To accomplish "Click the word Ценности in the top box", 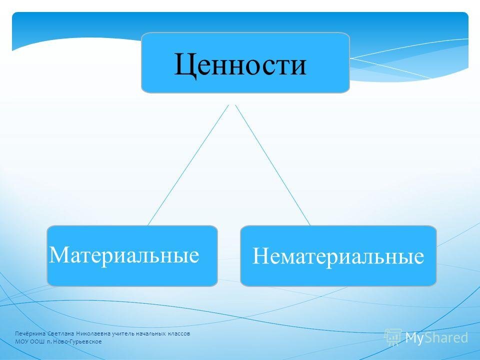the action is tap(240, 65).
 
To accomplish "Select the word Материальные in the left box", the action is tap(124, 254).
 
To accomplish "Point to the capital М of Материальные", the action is tap(60, 254).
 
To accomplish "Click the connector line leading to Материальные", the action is tap(188, 165).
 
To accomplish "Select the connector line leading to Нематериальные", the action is tap(273, 165).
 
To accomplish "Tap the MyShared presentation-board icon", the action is tap(393, 337).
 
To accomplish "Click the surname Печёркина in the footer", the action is tap(30, 333).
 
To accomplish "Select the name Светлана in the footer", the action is tap(61, 333).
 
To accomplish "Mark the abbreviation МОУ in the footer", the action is tap(21, 341).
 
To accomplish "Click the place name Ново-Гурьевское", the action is tap(77, 341).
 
